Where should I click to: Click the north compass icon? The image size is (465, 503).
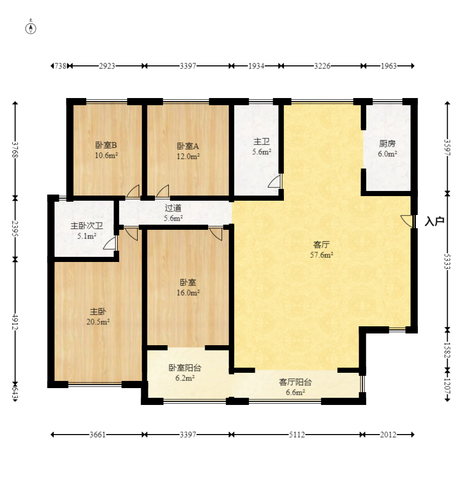(x=31, y=28)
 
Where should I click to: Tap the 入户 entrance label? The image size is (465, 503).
(x=434, y=221)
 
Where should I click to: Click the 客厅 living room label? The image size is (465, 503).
(x=321, y=245)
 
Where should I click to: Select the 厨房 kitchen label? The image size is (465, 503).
(x=387, y=143)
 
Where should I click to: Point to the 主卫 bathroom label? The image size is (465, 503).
(x=261, y=141)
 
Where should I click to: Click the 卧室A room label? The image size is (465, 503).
(x=188, y=146)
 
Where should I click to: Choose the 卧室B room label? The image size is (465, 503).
(x=106, y=145)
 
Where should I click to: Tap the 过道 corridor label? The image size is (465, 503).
(x=173, y=208)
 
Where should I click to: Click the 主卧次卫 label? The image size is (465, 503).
(x=87, y=226)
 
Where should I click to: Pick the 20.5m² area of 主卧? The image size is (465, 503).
(x=98, y=322)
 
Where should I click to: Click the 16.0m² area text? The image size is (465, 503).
(x=188, y=293)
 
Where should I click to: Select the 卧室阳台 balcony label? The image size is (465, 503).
(x=185, y=368)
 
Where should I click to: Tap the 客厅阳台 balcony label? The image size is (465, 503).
(x=295, y=382)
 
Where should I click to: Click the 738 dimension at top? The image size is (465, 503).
(x=60, y=66)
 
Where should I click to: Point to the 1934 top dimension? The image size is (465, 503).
(x=256, y=66)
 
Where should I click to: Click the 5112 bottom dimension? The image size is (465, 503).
(x=297, y=435)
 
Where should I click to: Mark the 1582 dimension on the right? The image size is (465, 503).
(x=447, y=350)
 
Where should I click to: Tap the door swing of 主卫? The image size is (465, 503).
(x=275, y=182)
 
